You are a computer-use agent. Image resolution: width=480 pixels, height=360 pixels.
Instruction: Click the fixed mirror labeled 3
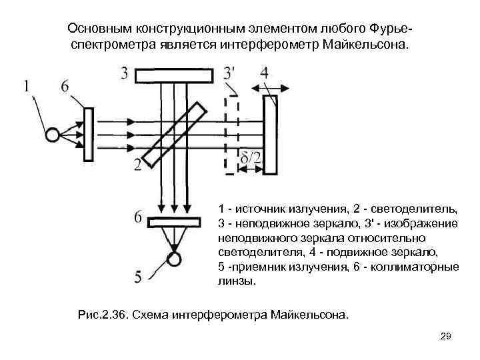(173, 75)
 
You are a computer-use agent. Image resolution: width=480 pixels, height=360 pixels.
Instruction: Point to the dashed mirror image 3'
(231, 133)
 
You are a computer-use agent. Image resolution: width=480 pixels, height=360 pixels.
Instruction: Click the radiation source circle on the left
(52, 135)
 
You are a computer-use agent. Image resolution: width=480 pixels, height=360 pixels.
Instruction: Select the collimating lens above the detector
(174, 221)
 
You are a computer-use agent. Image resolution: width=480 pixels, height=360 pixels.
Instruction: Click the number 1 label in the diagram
(26, 85)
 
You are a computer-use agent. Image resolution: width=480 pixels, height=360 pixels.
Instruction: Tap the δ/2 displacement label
(251, 158)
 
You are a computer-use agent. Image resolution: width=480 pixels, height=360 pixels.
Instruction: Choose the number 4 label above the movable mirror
(265, 72)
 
